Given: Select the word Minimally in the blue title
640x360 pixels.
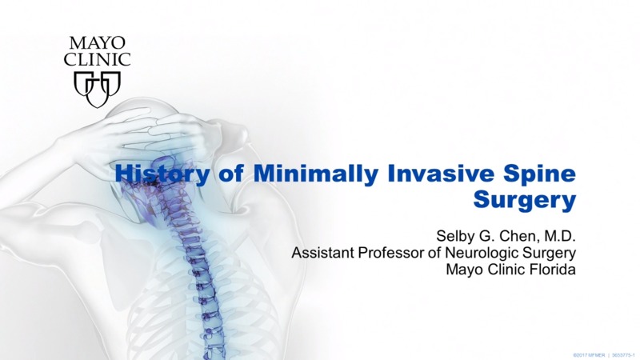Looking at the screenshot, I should click(283, 172).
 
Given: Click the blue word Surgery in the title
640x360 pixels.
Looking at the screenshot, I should click(526, 199).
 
